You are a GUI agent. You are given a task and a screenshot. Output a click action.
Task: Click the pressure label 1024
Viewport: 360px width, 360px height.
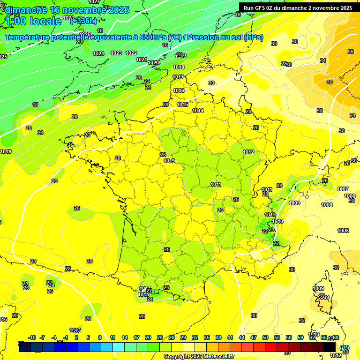98,53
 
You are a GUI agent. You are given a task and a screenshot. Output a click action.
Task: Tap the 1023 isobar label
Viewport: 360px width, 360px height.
116,53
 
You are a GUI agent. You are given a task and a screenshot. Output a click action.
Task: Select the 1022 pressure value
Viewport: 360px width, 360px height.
131,53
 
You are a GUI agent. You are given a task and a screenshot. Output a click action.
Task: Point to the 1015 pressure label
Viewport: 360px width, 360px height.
183,105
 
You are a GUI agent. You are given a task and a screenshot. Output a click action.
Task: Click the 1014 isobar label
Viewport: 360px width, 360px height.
198,111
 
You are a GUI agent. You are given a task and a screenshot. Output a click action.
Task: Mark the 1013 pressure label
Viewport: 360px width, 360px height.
169,161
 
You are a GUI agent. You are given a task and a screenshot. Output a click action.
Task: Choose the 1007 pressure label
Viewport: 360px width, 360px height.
343,189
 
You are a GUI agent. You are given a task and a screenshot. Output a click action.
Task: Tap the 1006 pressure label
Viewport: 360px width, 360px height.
349,196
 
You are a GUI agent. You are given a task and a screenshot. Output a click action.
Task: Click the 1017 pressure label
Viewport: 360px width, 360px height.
178,77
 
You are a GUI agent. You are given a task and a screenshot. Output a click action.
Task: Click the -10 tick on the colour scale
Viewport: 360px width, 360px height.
32,337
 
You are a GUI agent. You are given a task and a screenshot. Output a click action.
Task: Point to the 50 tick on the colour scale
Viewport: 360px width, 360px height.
265,337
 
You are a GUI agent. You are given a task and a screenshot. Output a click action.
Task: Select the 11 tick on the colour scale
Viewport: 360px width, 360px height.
113,337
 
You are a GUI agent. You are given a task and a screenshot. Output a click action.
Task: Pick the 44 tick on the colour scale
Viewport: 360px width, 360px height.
242,337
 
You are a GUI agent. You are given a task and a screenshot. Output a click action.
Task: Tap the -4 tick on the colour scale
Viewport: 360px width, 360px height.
54,337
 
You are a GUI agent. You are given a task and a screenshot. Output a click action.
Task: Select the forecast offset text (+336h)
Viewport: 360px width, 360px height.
83,21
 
